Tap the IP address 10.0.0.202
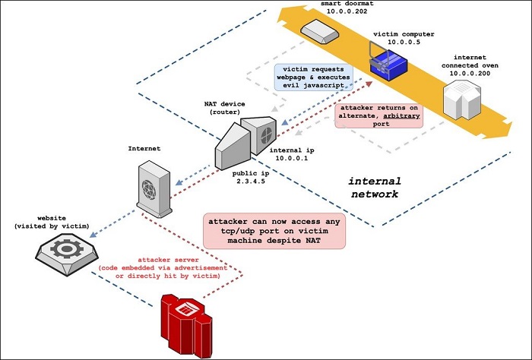327,12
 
